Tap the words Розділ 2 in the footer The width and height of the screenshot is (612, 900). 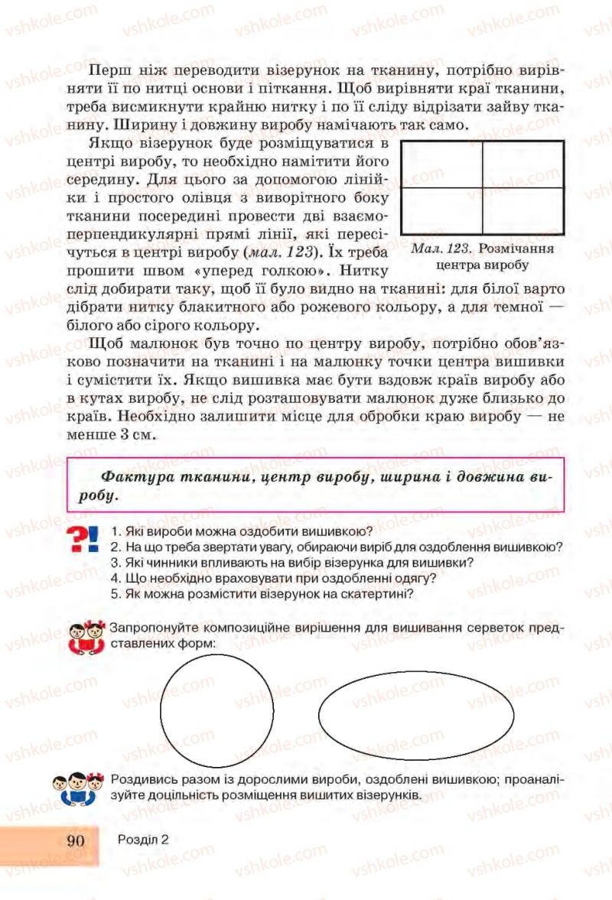[143, 839]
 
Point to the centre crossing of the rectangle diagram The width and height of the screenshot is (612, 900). [482, 188]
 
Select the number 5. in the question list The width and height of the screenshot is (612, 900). [116, 593]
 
